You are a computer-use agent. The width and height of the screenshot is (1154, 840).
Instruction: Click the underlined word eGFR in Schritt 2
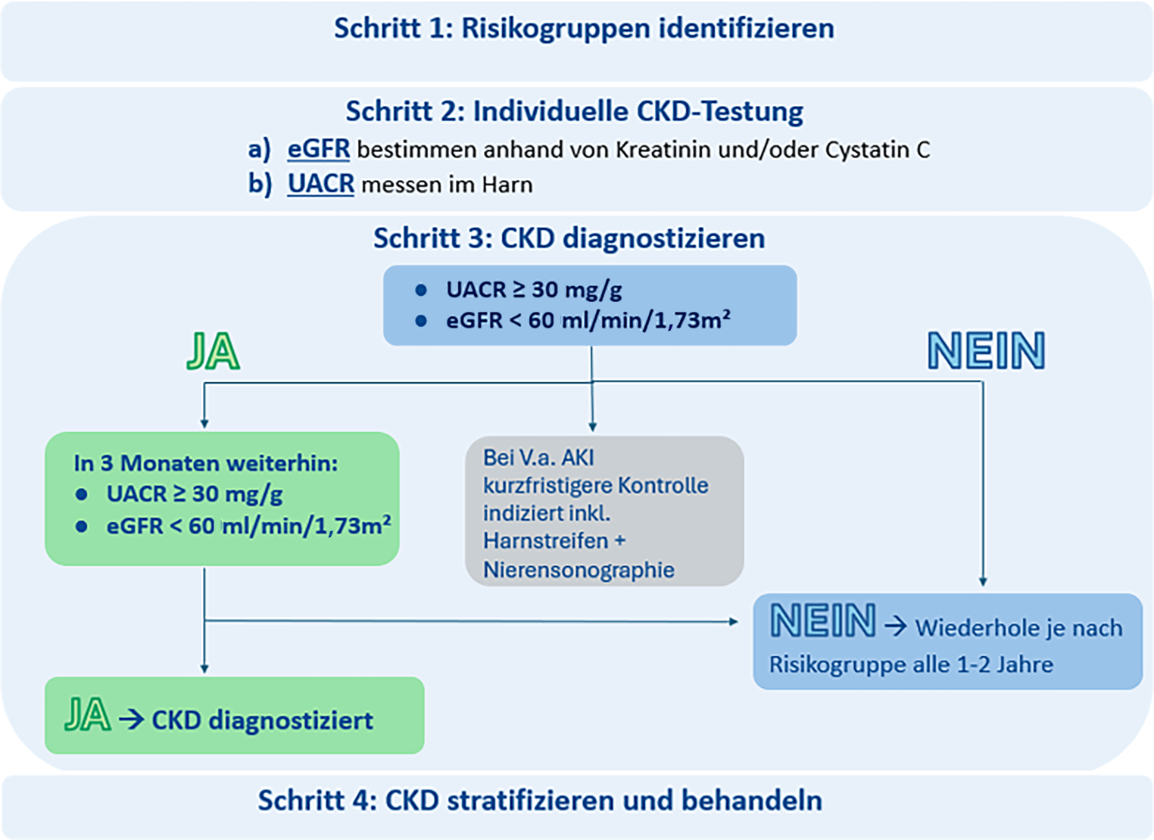318,149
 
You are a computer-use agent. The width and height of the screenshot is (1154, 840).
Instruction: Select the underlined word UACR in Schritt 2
320,184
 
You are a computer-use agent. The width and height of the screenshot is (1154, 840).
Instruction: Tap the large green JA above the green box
214,352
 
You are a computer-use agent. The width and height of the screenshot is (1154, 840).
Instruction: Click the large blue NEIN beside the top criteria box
986,351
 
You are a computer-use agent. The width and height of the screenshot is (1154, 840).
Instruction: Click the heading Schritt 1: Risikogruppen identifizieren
584,29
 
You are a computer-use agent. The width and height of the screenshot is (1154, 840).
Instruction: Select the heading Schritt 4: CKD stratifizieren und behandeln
540,801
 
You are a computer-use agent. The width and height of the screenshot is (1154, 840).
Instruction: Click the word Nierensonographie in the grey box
579,569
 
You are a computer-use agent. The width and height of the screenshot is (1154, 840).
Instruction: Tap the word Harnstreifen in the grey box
546,541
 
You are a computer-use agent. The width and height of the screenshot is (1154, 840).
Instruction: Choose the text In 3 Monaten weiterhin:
205,463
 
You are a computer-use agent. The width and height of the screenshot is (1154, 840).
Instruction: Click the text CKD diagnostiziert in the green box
262,720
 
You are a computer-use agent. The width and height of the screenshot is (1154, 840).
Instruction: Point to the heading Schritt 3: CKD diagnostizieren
569,238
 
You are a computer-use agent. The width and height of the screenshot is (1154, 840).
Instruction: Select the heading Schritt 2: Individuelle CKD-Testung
574,112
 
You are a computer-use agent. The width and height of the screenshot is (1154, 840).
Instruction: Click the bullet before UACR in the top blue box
421,290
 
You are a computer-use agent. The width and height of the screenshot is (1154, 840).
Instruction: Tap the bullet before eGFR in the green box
81,526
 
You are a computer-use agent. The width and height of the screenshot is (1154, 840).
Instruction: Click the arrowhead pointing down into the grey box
593,427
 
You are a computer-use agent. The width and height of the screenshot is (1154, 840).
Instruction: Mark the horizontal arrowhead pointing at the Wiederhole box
733,621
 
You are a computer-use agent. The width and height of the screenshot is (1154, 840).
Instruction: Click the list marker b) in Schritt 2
260,184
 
